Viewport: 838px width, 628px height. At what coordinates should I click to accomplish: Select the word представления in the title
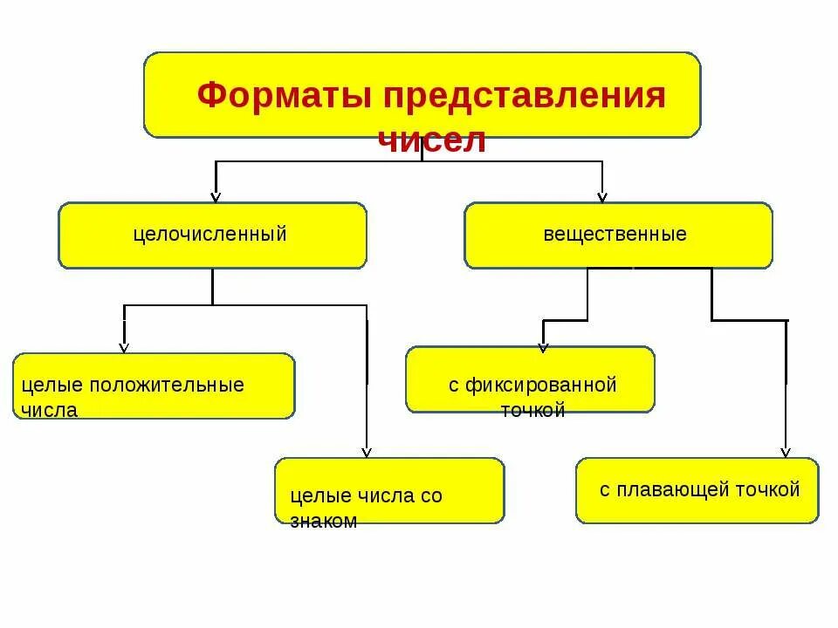[x=521, y=95]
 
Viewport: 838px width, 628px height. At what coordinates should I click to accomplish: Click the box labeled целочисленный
[x=212, y=235]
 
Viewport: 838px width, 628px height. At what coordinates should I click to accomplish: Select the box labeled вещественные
[x=618, y=235]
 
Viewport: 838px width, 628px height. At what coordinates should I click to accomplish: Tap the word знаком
[x=324, y=522]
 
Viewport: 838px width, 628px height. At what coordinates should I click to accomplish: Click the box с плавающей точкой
[x=697, y=490]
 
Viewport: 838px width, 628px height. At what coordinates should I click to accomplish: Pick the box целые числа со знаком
[x=389, y=490]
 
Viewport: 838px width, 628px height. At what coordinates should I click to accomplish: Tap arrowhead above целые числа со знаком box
[x=367, y=451]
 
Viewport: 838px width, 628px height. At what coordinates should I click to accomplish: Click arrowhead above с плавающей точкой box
[x=785, y=451]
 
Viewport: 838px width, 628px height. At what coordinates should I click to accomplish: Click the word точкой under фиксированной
[x=532, y=411]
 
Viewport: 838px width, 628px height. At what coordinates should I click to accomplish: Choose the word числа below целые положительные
[x=51, y=411]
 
